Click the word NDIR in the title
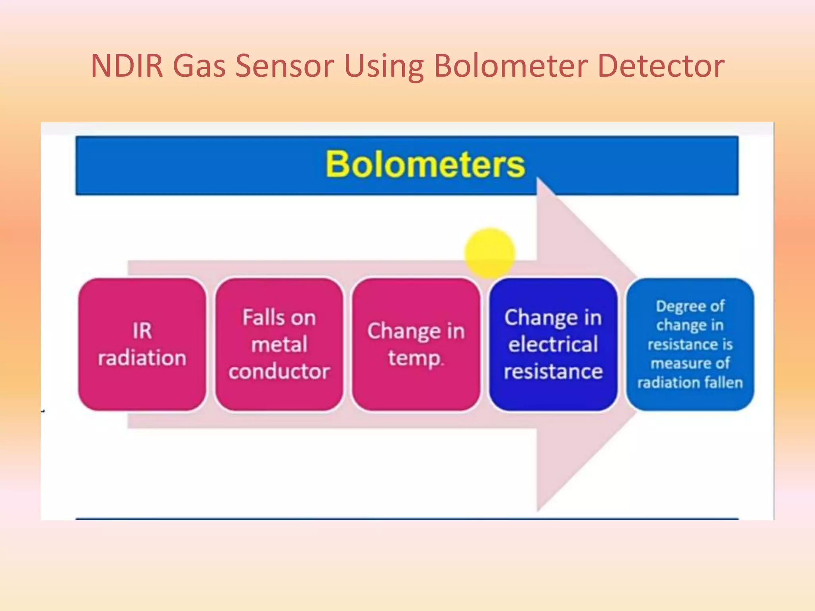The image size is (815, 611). [127, 66]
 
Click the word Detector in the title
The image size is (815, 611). [661, 66]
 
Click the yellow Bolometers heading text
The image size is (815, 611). [425, 164]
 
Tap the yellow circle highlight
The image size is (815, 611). [489, 253]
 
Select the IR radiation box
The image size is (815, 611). [142, 344]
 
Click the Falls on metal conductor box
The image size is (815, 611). [279, 344]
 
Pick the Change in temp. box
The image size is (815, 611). [416, 344]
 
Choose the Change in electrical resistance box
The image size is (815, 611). [553, 344]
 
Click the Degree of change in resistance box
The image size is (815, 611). [690, 344]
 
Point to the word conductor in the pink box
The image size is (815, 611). [279, 372]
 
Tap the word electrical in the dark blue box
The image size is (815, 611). [553, 344]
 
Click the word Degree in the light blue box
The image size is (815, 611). [675, 306]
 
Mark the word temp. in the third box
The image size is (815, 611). [415, 358]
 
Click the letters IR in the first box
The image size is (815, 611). [142, 331]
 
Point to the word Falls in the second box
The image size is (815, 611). [261, 317]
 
